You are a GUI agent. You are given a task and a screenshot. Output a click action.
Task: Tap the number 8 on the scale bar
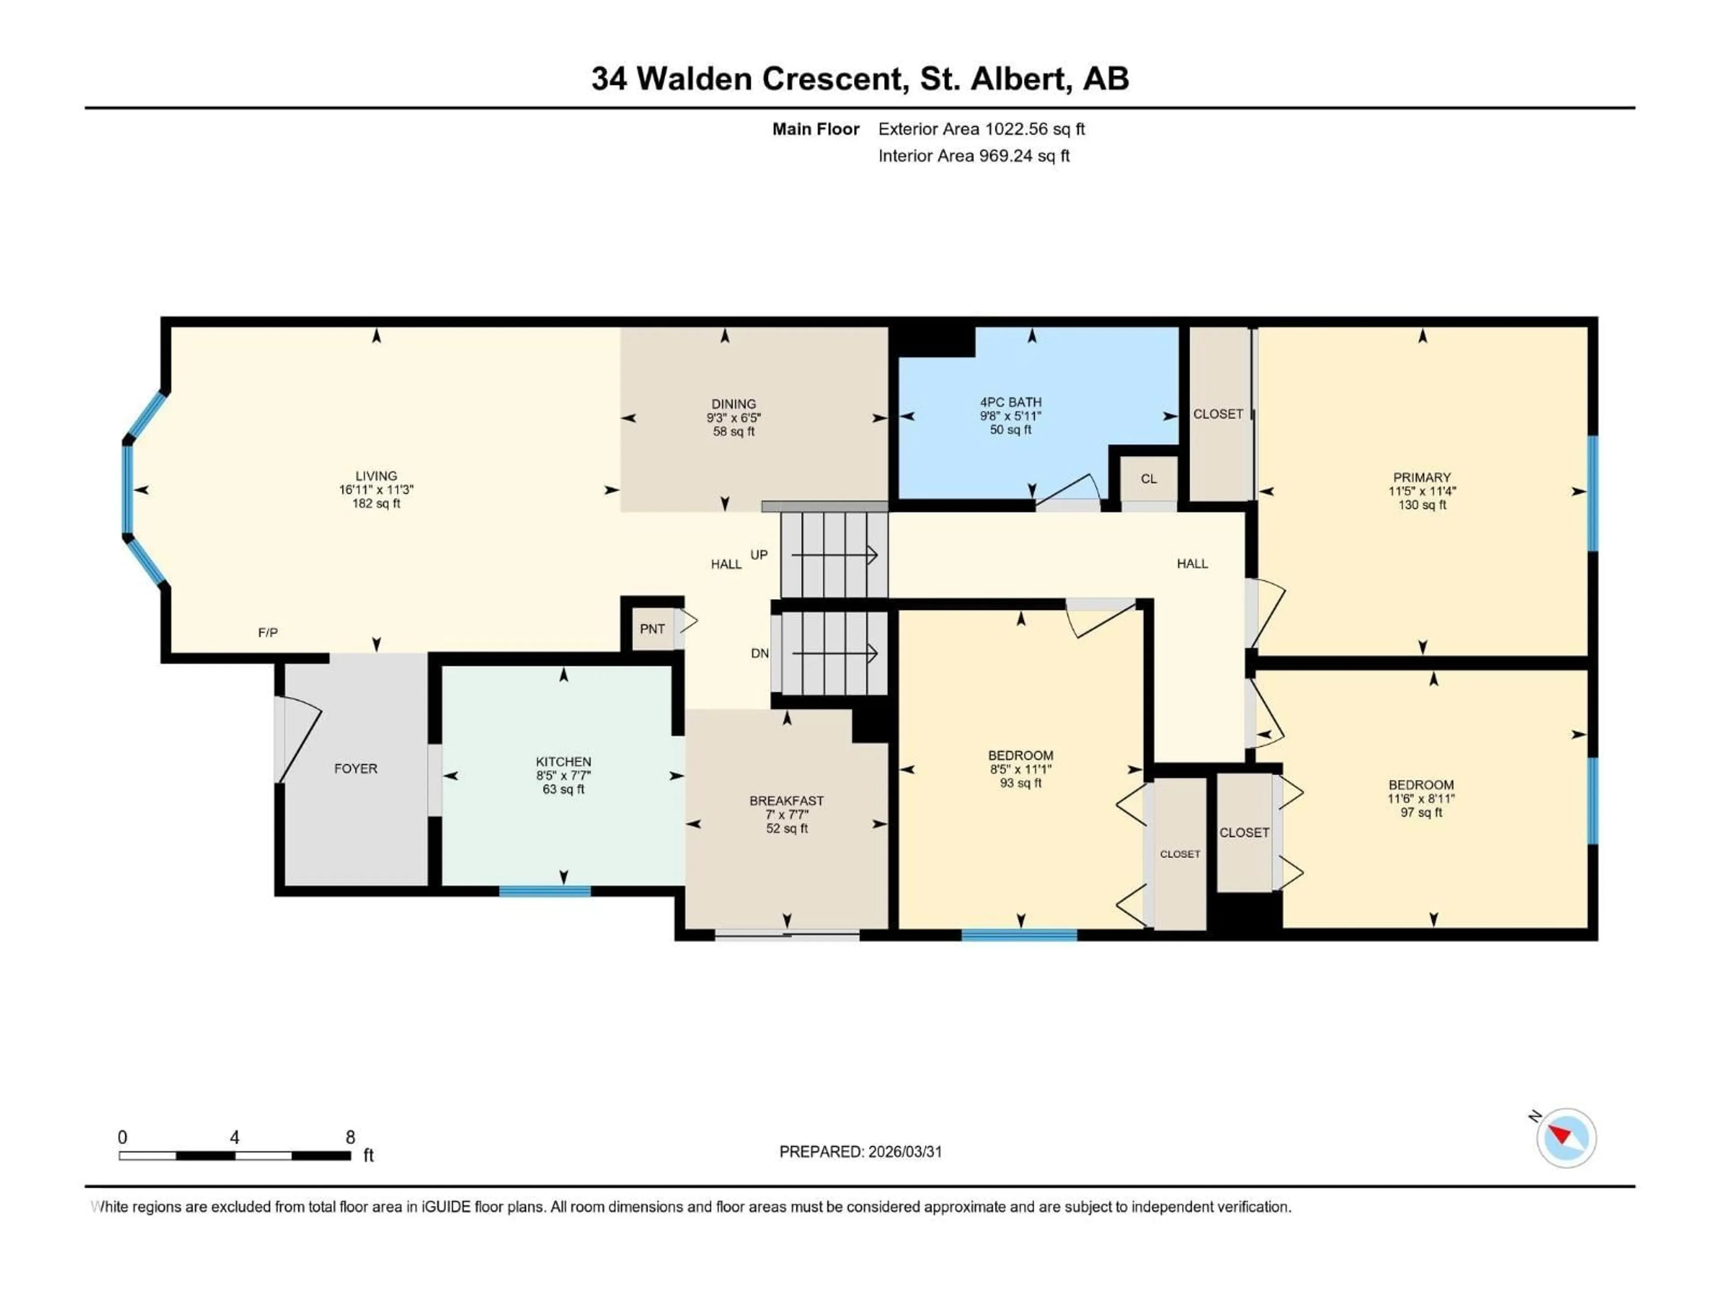[x=350, y=1137]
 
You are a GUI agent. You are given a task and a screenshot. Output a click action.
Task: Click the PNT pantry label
[x=652, y=629]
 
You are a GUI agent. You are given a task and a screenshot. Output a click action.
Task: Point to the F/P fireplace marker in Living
[x=268, y=633]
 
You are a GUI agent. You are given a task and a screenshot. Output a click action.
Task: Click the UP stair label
[x=759, y=555]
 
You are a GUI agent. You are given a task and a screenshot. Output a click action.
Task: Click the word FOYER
[x=355, y=769]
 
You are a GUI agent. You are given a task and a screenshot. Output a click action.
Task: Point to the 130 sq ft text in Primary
[x=1422, y=505]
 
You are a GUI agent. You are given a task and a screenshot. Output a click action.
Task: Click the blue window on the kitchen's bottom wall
[x=545, y=891]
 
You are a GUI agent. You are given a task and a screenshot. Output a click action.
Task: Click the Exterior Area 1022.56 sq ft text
[x=981, y=129]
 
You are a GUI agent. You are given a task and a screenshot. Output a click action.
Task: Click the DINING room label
[x=733, y=404]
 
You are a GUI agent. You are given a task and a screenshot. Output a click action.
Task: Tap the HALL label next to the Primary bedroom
[x=1192, y=563]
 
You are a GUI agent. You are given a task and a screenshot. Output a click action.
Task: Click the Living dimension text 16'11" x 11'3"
[x=376, y=490]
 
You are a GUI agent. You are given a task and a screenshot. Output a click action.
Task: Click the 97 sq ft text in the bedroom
[x=1421, y=812]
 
